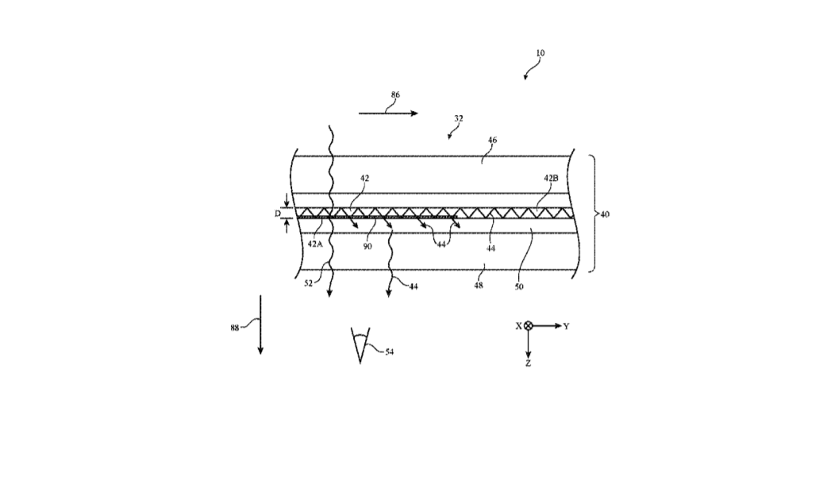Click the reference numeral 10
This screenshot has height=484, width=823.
point(540,53)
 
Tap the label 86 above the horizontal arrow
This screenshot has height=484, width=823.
point(395,95)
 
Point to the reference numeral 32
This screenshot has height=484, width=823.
point(458,119)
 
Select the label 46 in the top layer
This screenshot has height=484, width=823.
point(492,140)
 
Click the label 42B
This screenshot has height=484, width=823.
point(551,179)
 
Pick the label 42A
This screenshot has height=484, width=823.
point(315,244)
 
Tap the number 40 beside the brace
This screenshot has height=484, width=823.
point(605,214)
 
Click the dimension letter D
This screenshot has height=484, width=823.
point(278,213)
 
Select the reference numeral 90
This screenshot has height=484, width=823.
point(367,246)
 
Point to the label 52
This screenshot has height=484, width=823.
point(309,283)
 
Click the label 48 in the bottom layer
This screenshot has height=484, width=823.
point(478,286)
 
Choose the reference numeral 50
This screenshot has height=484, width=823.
point(518,287)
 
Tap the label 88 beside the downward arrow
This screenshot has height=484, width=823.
point(235,328)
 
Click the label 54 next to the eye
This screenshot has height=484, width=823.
point(389,351)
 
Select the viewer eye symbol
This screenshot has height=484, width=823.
point(360,345)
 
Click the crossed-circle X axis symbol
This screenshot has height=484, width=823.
point(529,326)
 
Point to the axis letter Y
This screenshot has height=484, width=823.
point(567,327)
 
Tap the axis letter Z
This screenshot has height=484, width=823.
point(528,363)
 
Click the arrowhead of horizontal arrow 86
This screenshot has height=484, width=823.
point(414,113)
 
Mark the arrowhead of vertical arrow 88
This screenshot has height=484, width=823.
point(260,351)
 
